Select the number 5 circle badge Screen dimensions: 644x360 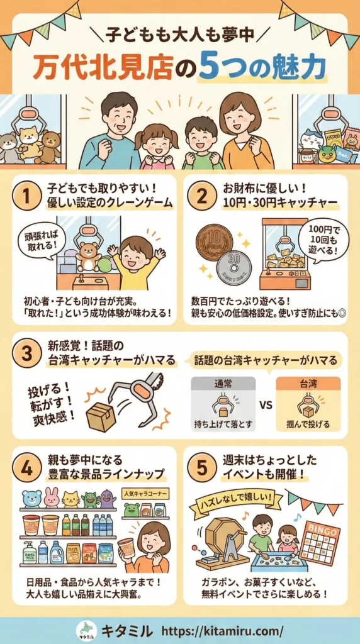200,467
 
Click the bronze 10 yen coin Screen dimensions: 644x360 215,241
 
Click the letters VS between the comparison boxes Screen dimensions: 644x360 266,404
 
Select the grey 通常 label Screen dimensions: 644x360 223,384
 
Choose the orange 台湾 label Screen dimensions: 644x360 308,384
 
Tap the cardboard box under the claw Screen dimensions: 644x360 101,416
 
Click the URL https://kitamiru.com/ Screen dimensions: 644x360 222,630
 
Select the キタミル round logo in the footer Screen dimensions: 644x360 86,630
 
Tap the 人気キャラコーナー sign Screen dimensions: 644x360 143,494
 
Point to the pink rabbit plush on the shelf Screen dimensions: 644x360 52,497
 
